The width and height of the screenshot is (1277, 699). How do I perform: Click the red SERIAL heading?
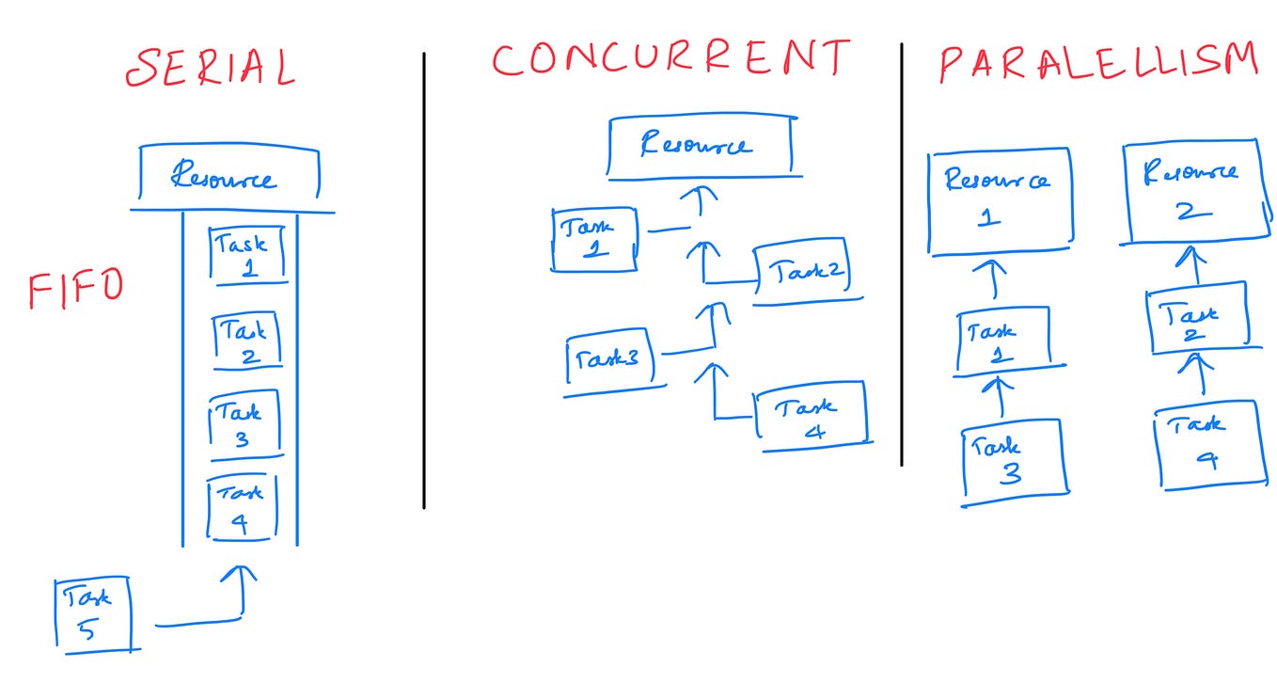click(211, 68)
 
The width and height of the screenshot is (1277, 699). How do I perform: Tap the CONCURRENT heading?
click(670, 59)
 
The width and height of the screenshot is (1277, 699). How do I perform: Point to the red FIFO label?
click(75, 289)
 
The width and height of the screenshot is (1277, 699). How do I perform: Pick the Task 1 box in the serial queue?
click(244, 255)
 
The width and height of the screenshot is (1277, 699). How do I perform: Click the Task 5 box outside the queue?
click(92, 612)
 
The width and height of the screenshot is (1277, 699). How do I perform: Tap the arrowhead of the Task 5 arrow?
click(244, 573)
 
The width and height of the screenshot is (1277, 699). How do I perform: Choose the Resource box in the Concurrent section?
click(701, 147)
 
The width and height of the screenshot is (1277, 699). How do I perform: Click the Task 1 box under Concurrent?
click(593, 239)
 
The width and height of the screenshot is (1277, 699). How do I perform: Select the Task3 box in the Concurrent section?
click(613, 361)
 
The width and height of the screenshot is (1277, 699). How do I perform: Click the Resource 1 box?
click(998, 199)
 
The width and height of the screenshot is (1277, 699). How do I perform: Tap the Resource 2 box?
click(1190, 192)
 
